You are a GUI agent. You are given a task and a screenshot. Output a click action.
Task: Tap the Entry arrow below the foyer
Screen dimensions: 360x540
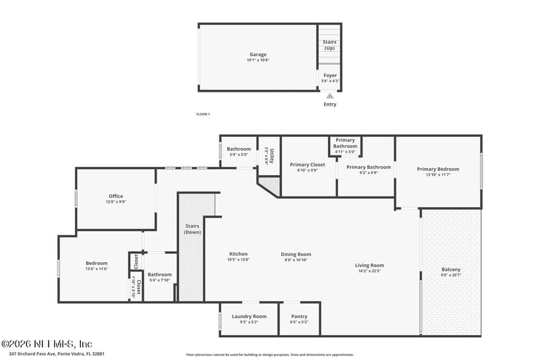330,97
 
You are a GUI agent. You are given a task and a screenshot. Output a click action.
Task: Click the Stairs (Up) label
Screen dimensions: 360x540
330,45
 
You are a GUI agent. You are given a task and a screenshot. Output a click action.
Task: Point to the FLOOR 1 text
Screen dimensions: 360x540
203,114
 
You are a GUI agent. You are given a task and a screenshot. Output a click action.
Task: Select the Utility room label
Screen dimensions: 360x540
269,156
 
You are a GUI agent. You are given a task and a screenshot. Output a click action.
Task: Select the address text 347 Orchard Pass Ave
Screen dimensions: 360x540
57,353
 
